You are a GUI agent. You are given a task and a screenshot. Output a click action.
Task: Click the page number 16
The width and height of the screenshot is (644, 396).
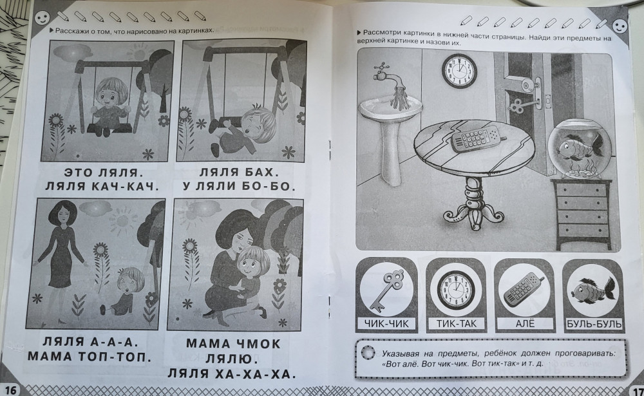click(10, 390)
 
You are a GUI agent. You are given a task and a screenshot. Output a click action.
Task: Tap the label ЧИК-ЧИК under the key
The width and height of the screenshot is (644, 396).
click(386, 324)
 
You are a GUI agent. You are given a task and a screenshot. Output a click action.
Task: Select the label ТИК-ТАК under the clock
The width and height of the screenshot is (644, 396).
click(457, 324)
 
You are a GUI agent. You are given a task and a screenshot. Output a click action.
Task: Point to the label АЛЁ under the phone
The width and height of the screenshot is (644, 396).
click(525, 323)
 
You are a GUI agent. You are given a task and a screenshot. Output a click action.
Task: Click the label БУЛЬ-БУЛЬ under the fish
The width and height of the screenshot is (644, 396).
click(594, 324)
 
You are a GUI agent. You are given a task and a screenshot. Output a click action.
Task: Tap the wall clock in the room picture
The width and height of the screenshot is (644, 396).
click(459, 71)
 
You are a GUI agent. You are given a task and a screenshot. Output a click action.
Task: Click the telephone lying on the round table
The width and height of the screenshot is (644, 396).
click(477, 139)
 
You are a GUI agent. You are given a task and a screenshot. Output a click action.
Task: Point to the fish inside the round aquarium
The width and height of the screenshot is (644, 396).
click(581, 147)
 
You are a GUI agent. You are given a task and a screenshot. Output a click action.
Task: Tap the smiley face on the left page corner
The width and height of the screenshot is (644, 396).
click(42, 17)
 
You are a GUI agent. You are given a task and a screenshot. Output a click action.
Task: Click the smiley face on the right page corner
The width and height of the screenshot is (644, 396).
click(620, 26)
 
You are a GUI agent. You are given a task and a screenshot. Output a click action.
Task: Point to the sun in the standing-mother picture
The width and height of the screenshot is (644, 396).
click(122, 220)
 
